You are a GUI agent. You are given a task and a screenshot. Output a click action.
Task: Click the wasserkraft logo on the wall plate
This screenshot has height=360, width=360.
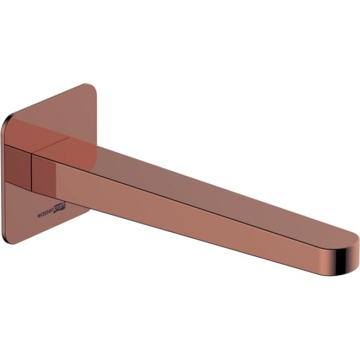pos(51,211)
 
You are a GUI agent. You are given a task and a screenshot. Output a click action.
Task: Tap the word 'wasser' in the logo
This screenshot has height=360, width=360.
pos(45,213)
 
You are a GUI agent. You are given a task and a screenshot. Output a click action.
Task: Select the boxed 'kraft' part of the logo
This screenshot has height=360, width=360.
pos(59,208)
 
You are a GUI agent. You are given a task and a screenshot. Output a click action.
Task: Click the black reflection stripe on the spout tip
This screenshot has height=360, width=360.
pos(341,262)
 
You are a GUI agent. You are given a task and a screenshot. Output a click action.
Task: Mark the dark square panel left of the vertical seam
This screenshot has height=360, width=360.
pos(17,167)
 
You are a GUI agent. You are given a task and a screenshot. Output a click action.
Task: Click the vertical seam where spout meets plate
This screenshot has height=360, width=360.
pos(31,172)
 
